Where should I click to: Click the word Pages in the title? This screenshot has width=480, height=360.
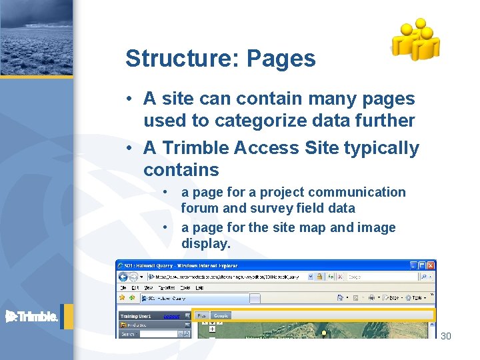(x=281, y=59)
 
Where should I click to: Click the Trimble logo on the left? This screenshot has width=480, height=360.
(x=32, y=317)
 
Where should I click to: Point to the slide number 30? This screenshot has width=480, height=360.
(x=446, y=336)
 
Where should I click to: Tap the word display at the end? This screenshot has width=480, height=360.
(x=205, y=243)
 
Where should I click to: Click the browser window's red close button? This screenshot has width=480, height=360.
(x=429, y=264)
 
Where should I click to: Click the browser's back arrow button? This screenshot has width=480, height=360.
(x=125, y=276)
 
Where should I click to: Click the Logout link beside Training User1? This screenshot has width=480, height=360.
(x=171, y=316)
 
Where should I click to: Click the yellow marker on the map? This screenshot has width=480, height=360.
(x=324, y=333)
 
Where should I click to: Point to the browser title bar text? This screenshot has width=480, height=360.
(x=175, y=264)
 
